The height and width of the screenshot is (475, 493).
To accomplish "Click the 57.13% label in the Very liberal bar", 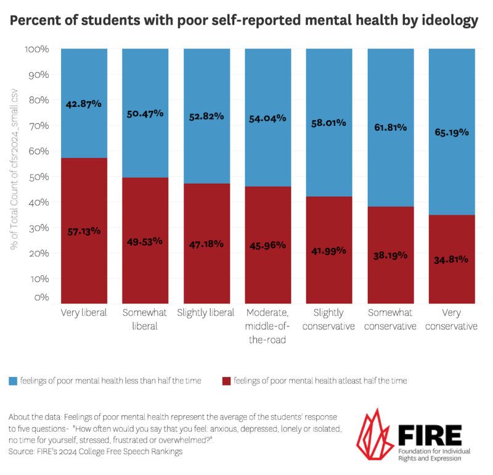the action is click(84, 232).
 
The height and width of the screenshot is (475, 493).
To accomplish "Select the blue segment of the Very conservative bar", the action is click(452, 132).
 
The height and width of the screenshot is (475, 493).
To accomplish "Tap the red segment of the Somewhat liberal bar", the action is click(145, 241).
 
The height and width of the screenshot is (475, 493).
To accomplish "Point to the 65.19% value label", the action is click(452, 132).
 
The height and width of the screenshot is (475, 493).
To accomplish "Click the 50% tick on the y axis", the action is click(39, 177).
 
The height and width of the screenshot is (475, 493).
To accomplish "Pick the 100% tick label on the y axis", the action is click(37, 49).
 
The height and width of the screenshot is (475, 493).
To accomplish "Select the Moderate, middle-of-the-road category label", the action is click(267, 326).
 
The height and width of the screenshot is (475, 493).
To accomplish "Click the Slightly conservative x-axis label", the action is click(328, 319).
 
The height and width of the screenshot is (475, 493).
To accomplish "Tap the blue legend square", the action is click(13, 381).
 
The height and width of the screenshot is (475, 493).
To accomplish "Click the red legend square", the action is click(226, 381).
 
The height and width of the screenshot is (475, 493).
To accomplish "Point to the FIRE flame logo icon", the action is click(375, 436).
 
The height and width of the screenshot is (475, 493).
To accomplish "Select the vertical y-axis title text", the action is click(14, 170).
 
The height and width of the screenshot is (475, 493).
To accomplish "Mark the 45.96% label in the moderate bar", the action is click(267, 246).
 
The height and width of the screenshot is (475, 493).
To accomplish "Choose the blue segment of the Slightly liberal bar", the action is click(207, 116).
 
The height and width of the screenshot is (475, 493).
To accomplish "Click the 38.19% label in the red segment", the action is click(390, 255).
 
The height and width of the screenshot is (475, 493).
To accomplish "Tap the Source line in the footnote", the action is click(96, 452).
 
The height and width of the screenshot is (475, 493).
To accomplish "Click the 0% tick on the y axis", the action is click(41, 297).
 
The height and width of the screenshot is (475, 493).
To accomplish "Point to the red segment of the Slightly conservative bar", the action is click(329, 250).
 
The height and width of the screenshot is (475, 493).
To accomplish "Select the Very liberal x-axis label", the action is click(84, 313).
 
